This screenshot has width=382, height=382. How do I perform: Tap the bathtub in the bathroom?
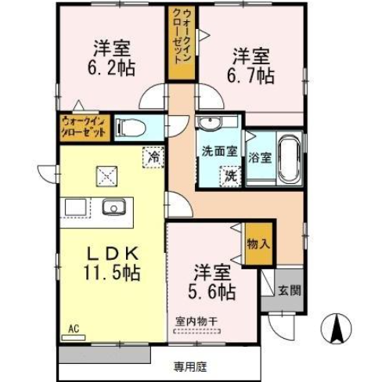287,159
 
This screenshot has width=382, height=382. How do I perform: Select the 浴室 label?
259,157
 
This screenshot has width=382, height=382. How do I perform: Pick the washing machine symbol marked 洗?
232,175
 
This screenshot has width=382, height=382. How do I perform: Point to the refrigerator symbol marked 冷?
153,157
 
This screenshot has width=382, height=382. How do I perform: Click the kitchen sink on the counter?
114,207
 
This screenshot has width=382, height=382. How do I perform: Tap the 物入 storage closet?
258,244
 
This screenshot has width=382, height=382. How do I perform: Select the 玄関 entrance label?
287,290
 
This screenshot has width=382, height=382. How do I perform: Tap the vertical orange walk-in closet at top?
180,43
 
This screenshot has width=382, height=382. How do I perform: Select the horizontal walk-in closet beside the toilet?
83,126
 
